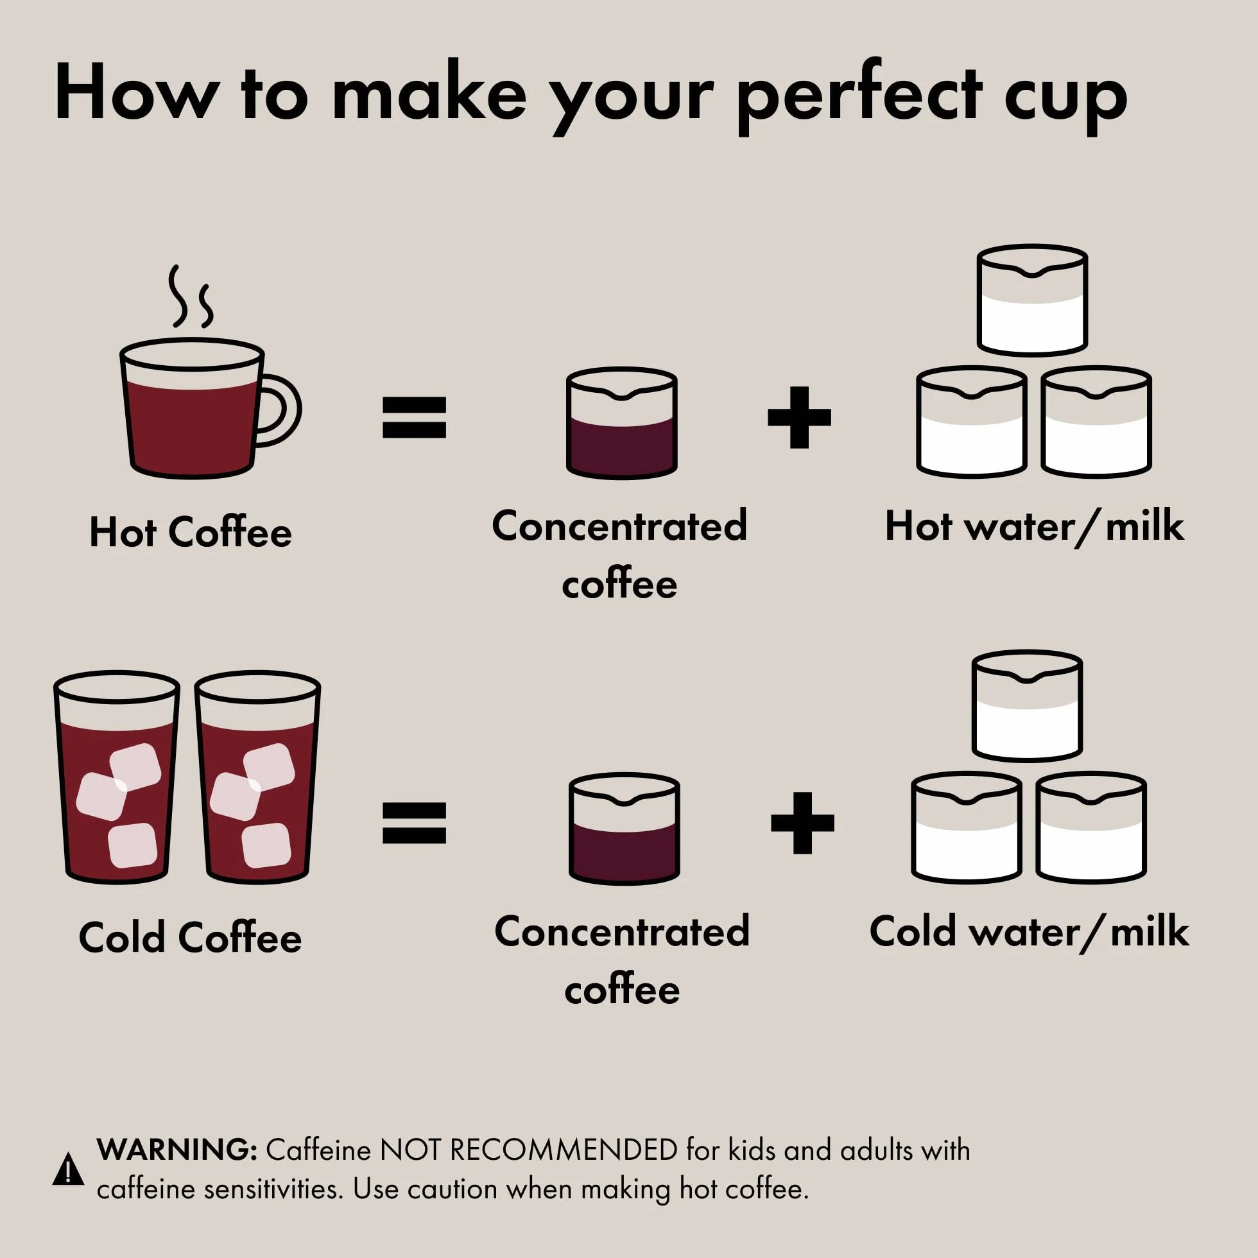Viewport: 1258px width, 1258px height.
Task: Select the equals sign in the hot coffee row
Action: click(414, 417)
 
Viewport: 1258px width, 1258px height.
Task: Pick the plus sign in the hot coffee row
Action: click(799, 417)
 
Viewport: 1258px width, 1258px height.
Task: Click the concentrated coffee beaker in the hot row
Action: click(622, 422)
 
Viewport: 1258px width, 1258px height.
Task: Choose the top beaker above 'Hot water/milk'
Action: click(1032, 300)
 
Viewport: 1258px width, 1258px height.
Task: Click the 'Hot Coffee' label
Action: click(191, 532)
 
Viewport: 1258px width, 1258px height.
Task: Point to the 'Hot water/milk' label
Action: click(1034, 526)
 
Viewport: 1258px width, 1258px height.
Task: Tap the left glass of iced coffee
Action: click(117, 777)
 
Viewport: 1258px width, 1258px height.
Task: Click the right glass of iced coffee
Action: click(258, 777)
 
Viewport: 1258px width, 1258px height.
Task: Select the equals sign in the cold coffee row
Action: click(414, 823)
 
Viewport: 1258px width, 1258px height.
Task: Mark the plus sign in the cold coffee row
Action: click(802, 823)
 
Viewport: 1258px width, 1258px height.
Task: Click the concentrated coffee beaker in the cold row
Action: click(625, 828)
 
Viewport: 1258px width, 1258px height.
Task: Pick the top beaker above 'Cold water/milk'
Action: click(1027, 706)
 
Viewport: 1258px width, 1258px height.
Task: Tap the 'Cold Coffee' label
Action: click(190, 938)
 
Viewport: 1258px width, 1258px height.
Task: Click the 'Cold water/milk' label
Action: click(1029, 932)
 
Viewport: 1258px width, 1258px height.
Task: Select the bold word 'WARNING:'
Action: click(177, 1150)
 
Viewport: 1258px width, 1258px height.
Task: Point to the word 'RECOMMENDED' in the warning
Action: click(564, 1151)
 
